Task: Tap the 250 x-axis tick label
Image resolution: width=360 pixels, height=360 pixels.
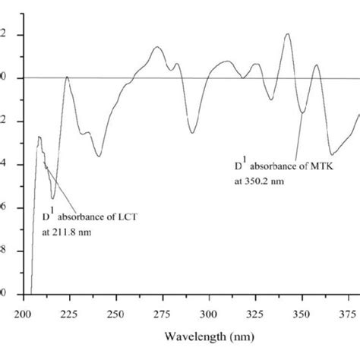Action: (x=115, y=311)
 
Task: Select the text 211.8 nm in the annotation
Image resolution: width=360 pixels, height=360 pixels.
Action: (x=74, y=232)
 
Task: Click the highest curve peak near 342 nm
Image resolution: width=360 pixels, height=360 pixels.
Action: (x=288, y=33)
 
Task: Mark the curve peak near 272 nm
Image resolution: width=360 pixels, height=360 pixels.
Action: (x=157, y=47)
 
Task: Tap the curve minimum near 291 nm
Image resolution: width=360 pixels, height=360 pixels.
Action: (x=192, y=133)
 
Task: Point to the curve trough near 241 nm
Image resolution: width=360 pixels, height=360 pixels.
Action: (x=99, y=156)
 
